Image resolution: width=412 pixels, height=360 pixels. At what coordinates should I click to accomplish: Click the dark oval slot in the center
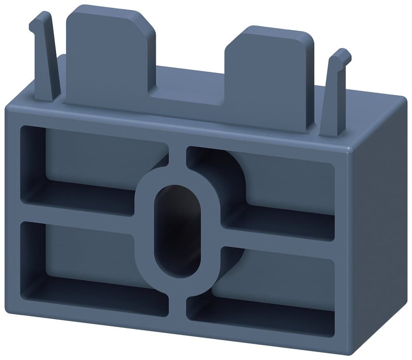(x=177, y=231)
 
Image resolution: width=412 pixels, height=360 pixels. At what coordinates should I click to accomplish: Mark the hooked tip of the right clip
(x=342, y=56)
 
